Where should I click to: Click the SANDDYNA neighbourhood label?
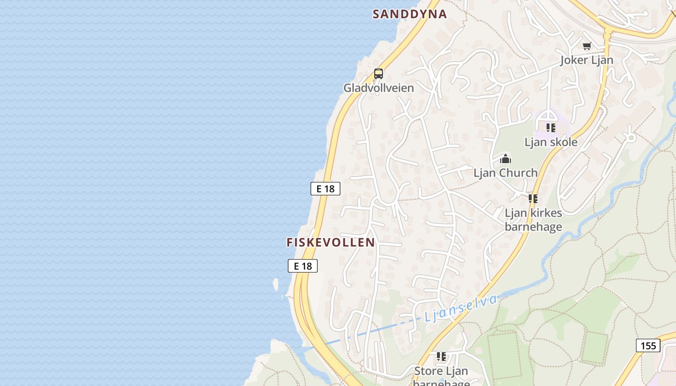pos(409,14)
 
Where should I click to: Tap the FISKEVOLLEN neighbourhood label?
pos(331,242)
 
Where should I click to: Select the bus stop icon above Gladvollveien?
pos(379,74)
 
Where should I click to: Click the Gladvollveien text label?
pos(379,88)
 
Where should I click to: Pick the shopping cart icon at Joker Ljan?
pos(587,46)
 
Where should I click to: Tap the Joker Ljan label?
pos(587,60)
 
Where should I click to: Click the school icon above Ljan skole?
pos(551,128)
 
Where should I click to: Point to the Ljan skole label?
pos(551,142)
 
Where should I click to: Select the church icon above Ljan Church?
pos(506,158)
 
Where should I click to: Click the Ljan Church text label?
pos(506,173)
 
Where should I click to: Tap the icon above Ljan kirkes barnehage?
pos(533,199)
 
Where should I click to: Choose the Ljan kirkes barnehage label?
pos(533,220)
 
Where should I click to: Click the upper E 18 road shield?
pos(325,189)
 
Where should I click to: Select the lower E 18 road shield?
pos(303,266)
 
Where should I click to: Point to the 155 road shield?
pos(648,345)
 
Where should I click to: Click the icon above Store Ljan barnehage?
pos(441,357)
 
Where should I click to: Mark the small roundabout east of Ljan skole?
pos(631,138)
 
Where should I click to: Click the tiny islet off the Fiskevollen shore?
pos(276,284)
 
